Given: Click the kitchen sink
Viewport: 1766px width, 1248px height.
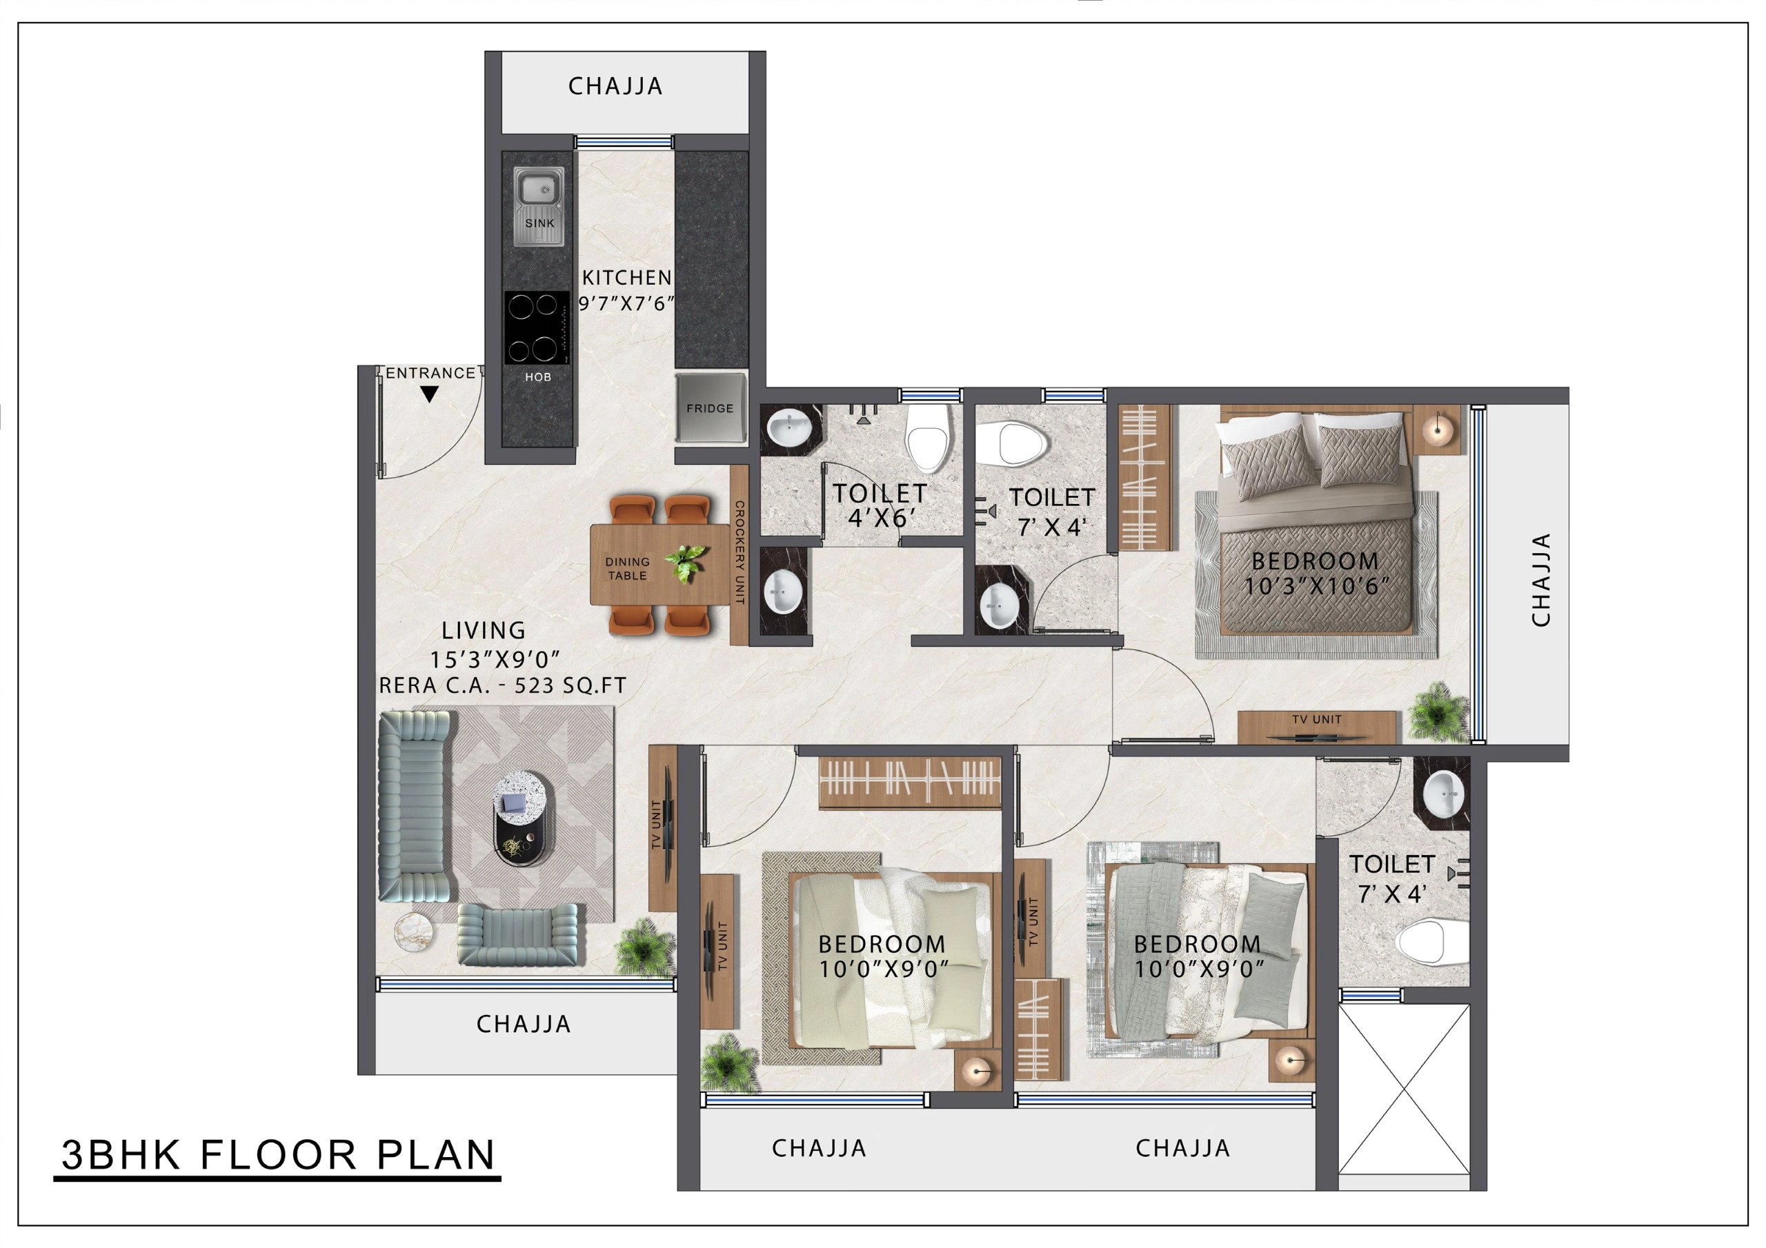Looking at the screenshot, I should (538, 205).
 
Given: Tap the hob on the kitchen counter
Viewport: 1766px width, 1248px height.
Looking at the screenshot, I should (537, 328).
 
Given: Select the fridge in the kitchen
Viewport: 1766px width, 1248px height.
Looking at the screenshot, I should (710, 407).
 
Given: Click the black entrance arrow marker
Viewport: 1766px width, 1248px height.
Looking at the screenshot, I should (429, 394).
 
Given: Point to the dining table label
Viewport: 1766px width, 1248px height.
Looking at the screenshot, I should (628, 568).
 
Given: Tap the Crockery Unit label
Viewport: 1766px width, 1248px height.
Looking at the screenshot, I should (739, 552).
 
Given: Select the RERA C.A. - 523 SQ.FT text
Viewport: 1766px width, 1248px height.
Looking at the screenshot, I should (502, 686).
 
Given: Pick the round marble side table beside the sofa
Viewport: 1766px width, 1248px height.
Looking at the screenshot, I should (414, 933).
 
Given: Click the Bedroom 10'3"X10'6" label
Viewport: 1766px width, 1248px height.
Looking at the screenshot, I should (1316, 574).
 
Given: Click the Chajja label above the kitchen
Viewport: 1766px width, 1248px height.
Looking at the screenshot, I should (615, 86).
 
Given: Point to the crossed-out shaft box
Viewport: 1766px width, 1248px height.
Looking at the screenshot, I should (1405, 1089).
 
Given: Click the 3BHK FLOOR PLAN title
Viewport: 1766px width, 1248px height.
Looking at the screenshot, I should (278, 1155).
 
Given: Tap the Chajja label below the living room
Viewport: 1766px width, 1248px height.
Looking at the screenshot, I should (524, 1024).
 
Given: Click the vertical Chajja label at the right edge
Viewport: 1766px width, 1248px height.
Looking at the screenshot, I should (1540, 580).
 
